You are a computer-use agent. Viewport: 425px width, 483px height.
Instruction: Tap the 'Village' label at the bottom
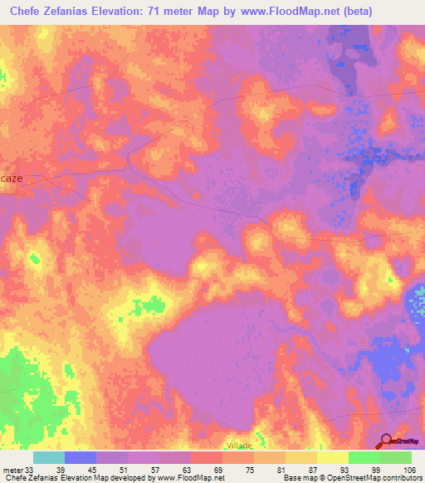[x=238, y=446]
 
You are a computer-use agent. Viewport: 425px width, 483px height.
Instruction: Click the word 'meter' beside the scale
[x=12, y=469]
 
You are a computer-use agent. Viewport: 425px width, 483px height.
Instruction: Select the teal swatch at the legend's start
[x=49, y=457]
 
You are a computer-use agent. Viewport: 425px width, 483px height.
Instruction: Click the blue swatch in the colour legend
[x=81, y=457]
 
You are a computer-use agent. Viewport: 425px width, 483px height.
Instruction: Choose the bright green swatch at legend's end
[x=396, y=457]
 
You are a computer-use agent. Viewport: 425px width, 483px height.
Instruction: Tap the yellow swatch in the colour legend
[x=333, y=457]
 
